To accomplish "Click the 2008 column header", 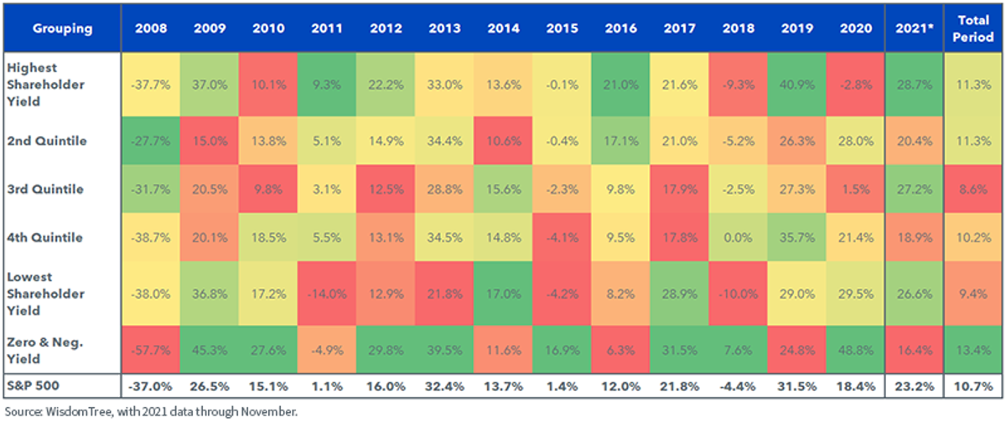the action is (151, 29).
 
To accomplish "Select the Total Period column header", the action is (973, 29).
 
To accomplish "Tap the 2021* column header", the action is (915, 29).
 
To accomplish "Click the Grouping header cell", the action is (62, 29).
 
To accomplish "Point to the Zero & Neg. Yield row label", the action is (45, 350).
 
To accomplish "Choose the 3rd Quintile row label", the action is (45, 189).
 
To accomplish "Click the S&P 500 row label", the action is (34, 386).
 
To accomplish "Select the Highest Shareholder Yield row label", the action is (45, 85).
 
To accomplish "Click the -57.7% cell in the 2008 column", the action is (151, 350).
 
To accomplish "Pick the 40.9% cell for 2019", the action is (797, 85).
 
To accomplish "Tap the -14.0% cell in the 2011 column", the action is (327, 294).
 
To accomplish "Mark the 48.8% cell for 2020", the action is (856, 350).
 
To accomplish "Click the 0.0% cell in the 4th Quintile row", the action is (739, 237).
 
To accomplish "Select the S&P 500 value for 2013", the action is (444, 386).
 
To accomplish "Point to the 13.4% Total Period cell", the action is (973, 350).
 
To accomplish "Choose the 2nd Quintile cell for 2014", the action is (504, 141).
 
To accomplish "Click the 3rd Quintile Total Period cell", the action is (973, 189).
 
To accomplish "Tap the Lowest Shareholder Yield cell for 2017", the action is (680, 294).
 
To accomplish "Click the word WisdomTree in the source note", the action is (80, 411).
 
